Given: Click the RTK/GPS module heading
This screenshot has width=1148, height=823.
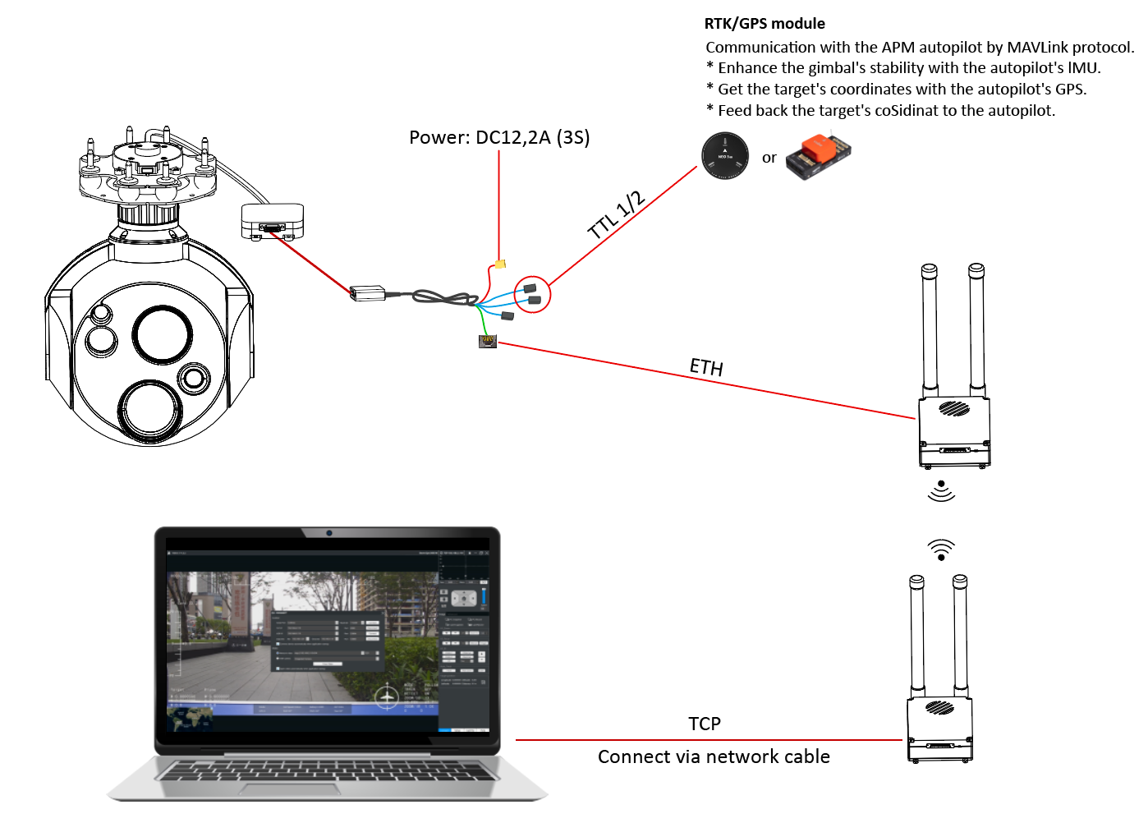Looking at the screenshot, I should coord(765,24).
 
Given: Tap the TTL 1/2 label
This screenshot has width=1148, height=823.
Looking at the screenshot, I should coord(617,215).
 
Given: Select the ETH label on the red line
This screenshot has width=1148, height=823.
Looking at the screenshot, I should coord(706,366).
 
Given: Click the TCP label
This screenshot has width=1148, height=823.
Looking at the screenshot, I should coord(705,724).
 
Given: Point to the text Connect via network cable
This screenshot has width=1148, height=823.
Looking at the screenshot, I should coord(714,756).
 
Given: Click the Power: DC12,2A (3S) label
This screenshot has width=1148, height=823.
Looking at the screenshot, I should coord(499,137).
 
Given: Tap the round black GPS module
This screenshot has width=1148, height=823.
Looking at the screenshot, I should coord(725,155).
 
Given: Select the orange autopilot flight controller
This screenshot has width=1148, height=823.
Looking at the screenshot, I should coord(819,156).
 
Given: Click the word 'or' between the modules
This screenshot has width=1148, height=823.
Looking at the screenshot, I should coord(769,158).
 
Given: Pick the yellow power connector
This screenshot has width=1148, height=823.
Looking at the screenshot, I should coord(500,264).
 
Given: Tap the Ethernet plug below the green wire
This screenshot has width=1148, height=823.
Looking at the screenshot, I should coord(488,341).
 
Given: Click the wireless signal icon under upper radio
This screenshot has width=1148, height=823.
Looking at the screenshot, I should coord(941,490).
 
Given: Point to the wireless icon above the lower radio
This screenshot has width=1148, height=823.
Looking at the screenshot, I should coord(941,549).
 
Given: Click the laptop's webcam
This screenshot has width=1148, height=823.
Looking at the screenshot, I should coord(328,533).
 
